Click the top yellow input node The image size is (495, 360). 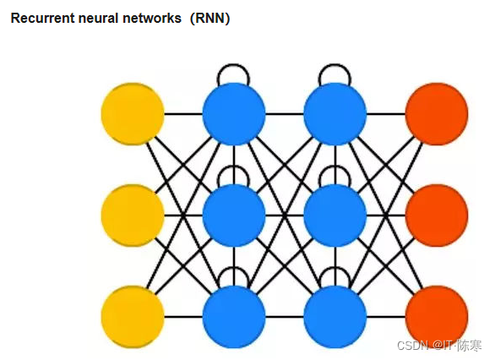pos(133,114)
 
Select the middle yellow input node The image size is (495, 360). pos(133,215)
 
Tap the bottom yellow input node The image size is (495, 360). pos(133,317)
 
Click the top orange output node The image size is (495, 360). pos(437,114)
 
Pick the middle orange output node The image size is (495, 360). pos(437,215)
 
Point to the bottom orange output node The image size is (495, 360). pos(437,317)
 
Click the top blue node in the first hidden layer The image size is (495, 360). pos(234,114)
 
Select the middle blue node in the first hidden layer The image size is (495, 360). pos(234,215)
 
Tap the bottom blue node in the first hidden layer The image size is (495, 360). pos(234,317)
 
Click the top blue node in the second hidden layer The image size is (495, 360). pos(335,114)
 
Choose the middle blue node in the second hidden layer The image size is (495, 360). pos(335,215)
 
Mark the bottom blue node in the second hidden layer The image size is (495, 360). pos(335,317)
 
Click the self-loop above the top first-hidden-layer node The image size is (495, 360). pos(234,65)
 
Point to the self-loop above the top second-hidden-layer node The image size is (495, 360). pos(335,65)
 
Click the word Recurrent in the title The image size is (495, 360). pos(42,18)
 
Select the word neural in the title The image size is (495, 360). pos(99,18)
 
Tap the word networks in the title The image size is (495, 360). pos(152,18)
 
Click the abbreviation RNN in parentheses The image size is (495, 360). pos(210,18)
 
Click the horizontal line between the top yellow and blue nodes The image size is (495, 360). pos(183,114)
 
